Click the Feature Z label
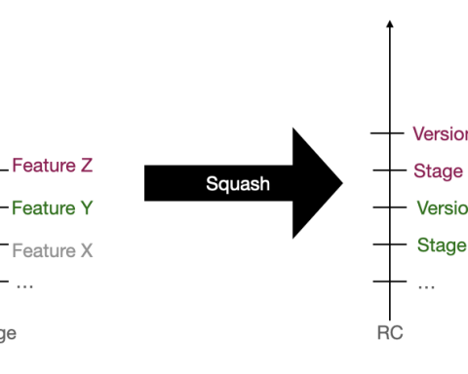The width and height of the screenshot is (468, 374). pos(52,166)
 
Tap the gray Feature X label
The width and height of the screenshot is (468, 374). pos(52,250)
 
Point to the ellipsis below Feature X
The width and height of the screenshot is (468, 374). pos(24,285)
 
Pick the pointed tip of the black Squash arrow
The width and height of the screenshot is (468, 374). pos(342,183)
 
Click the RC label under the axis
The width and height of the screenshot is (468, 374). pos(389,333)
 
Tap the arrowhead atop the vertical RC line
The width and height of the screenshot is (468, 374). pos(389,23)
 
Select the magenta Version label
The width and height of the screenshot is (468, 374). pos(440,133)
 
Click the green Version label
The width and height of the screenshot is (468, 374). pos(442,208)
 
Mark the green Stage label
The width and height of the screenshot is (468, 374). pos(441,245)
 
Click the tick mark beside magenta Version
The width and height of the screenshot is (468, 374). pos(389,132)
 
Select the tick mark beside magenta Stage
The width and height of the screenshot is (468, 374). pos(389,170)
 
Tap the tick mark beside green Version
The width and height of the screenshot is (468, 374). pos(389,207)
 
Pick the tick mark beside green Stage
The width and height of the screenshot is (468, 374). pos(389,244)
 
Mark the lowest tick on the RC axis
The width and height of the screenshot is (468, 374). pos(389,281)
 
